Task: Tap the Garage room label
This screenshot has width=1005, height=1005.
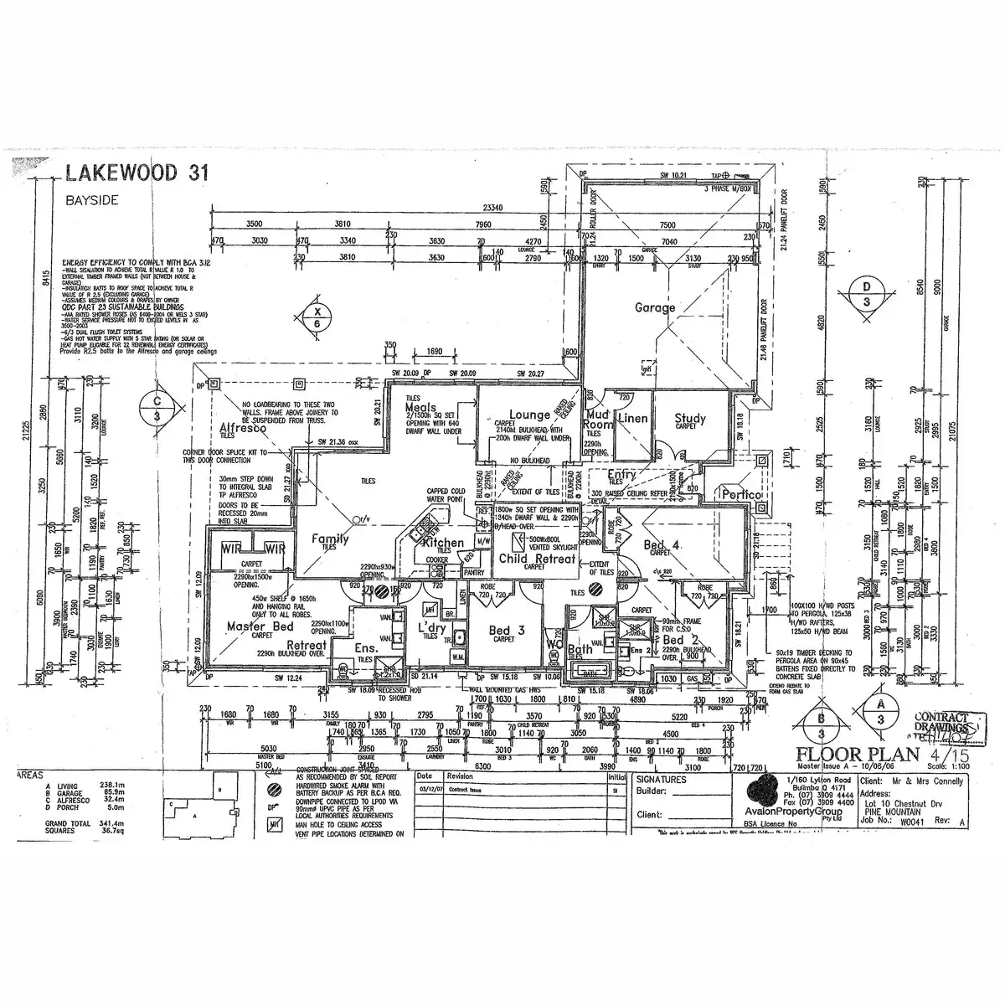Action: point(654,307)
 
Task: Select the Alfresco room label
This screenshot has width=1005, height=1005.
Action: point(243,428)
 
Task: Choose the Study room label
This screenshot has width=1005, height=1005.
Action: point(689,418)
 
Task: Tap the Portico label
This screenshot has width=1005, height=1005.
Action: point(742,495)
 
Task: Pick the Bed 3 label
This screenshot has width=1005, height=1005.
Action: point(507,630)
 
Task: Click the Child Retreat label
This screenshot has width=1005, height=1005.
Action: point(537,559)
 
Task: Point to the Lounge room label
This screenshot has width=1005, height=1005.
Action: point(529,415)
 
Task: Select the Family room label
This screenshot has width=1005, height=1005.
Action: point(330,539)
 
